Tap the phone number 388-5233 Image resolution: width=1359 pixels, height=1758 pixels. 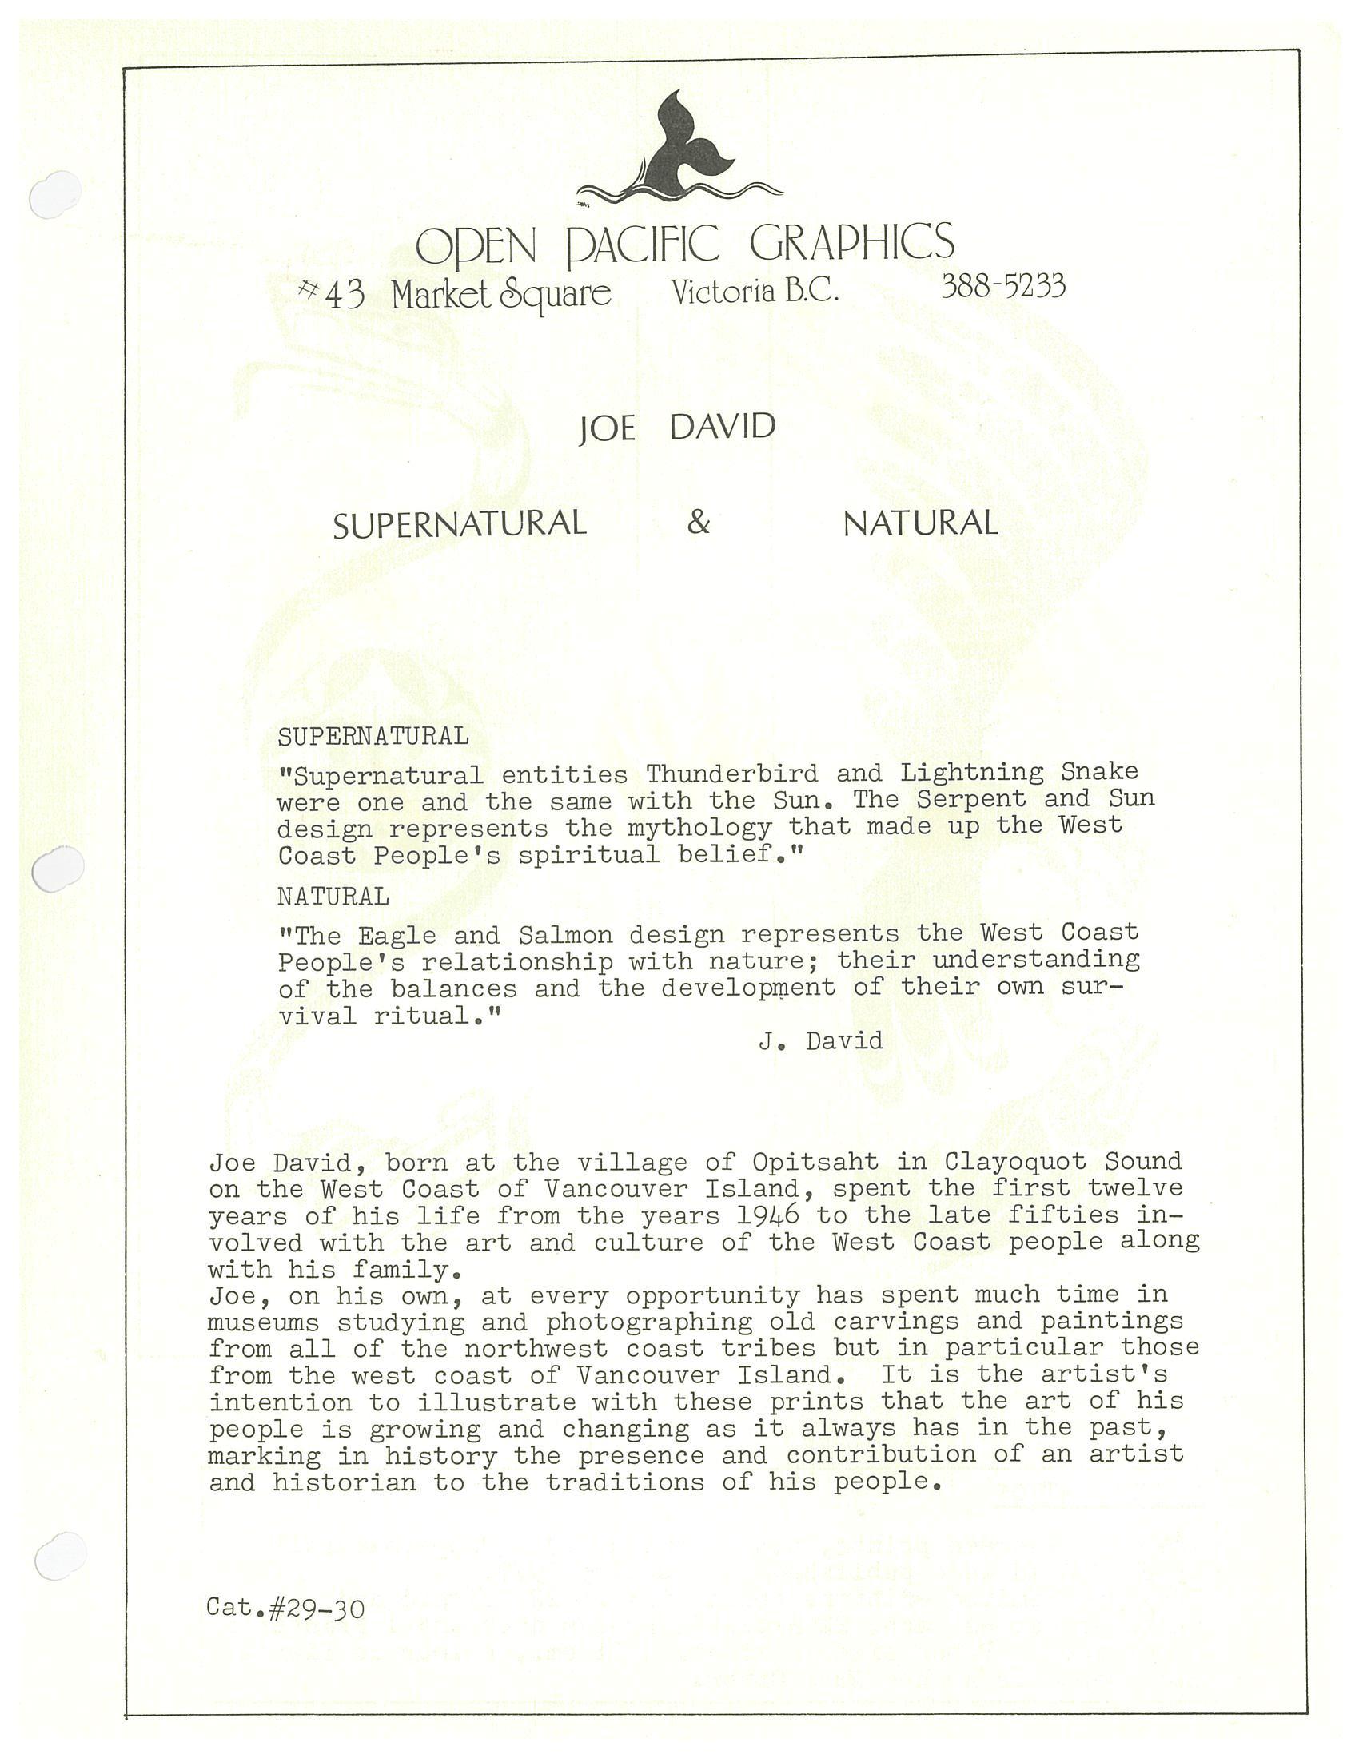[x=1002, y=286]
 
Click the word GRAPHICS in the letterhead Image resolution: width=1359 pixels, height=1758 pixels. [x=852, y=242]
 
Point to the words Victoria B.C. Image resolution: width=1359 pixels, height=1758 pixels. [x=755, y=291]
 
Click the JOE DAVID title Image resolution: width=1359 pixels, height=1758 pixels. [x=677, y=428]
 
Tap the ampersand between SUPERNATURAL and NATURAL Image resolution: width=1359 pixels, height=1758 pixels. [x=698, y=523]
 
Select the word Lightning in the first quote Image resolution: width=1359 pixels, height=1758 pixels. [x=971, y=773]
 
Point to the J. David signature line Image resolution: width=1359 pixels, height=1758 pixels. [x=820, y=1040]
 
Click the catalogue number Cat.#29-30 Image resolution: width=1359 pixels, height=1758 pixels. [x=286, y=1609]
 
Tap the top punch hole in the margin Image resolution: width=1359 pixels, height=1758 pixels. [x=54, y=195]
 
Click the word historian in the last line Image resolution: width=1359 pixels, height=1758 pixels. [x=344, y=1482]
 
